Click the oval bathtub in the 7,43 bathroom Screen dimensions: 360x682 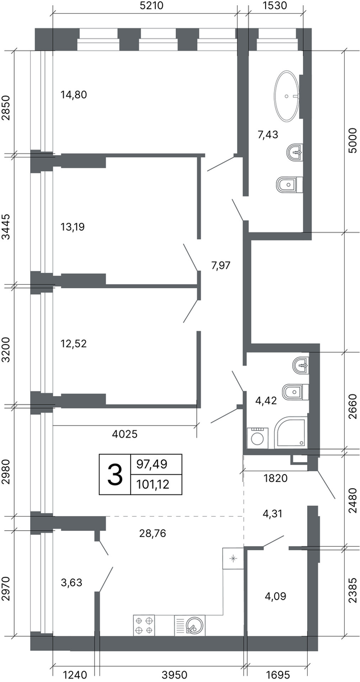(x=287, y=97)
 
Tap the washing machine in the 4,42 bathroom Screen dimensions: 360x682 (x=258, y=438)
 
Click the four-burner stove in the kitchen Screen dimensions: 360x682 (x=144, y=625)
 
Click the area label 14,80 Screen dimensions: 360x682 (x=74, y=95)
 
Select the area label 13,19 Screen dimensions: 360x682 (x=72, y=227)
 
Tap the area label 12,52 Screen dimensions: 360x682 (x=74, y=343)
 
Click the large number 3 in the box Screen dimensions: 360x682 (x=115, y=475)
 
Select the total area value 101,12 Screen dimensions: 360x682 (x=153, y=484)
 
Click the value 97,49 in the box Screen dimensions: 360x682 (x=152, y=464)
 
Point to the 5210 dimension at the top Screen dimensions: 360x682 (x=152, y=6)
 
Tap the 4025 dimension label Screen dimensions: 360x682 (x=125, y=434)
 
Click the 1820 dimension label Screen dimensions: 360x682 (x=276, y=478)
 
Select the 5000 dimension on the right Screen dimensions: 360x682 (x=352, y=140)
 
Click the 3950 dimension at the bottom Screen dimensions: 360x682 (x=175, y=675)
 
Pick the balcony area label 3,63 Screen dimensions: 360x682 (x=72, y=583)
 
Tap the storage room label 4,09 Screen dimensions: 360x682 (x=276, y=596)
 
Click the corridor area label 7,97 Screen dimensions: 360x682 (x=221, y=265)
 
